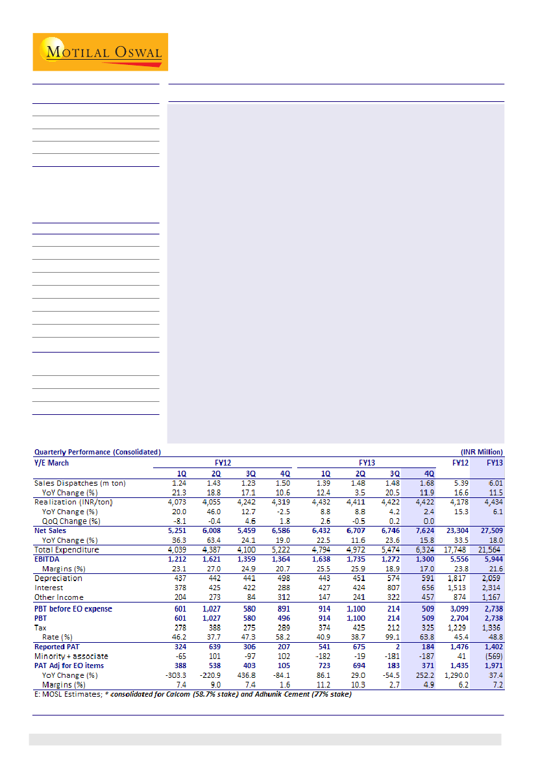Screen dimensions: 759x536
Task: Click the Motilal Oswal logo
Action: (x=100, y=52)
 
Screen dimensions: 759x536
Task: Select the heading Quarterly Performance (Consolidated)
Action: (x=97, y=452)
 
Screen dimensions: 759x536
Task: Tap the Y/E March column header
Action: (x=51, y=463)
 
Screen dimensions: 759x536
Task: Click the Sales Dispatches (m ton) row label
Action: (x=80, y=483)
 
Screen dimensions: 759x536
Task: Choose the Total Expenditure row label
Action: (x=67, y=550)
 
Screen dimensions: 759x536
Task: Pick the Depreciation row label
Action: (x=58, y=579)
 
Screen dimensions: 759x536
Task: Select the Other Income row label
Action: (x=59, y=597)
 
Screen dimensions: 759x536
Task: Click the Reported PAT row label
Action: (x=59, y=647)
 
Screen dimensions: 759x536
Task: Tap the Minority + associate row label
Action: (x=71, y=656)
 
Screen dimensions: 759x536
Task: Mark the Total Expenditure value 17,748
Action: (x=457, y=550)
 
